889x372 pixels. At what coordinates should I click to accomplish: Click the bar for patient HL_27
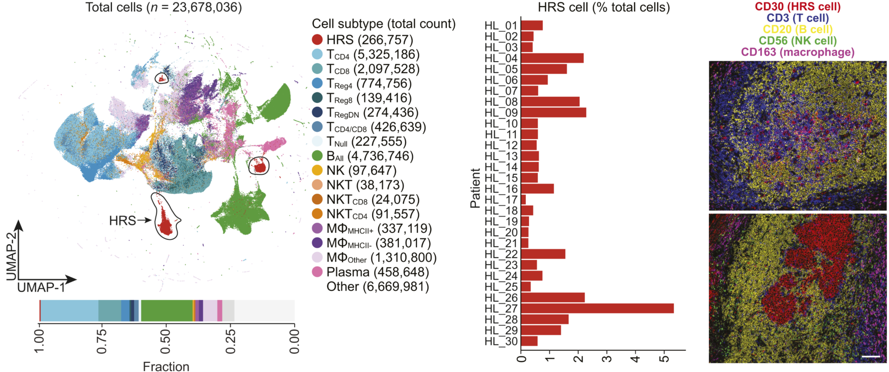[x=597, y=309]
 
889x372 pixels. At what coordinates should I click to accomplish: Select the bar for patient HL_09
[x=553, y=113]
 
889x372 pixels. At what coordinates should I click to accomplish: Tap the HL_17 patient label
[x=501, y=200]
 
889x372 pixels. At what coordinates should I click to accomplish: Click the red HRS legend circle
[x=317, y=40]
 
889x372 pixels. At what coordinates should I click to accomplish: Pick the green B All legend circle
[x=317, y=156]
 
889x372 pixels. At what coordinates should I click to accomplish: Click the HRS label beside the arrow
[x=122, y=221]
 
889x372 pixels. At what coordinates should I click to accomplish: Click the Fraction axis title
[x=166, y=366]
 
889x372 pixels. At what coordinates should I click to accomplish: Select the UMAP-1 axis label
[x=41, y=288]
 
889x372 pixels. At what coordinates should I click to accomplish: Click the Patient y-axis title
[x=475, y=188]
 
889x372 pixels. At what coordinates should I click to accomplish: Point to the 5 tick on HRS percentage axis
[x=664, y=359]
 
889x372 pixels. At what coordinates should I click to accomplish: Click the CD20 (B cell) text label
[x=797, y=30]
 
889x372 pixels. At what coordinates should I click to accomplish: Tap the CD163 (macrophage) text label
[x=797, y=52]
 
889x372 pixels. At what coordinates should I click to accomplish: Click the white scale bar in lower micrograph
[x=871, y=357]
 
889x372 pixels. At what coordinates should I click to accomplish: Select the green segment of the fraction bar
[x=167, y=310]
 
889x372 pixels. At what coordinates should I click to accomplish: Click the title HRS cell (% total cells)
[x=603, y=7]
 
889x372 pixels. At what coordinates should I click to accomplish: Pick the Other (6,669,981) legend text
[x=378, y=287]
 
